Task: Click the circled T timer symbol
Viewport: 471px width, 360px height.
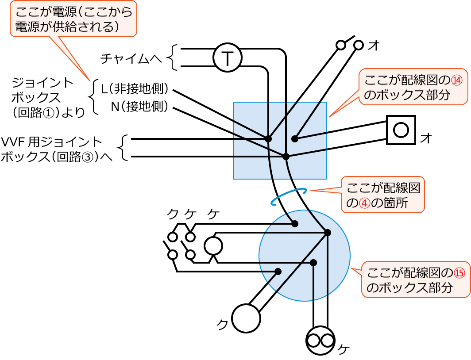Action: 227,58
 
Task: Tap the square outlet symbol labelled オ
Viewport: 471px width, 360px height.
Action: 401,130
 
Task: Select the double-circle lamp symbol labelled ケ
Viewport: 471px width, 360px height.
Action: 319,341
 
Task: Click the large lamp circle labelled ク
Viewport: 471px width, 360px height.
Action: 246,318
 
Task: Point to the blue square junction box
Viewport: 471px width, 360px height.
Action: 279,140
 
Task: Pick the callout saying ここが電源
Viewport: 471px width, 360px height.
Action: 74,19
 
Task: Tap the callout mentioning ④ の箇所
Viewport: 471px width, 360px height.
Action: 383,195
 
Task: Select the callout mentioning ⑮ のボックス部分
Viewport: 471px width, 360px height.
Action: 416,280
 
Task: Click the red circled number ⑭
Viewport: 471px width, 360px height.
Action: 457,80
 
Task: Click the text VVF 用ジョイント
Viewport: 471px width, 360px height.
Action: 52,142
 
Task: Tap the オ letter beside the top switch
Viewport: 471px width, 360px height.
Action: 374,45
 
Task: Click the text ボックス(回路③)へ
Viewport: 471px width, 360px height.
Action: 58,157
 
